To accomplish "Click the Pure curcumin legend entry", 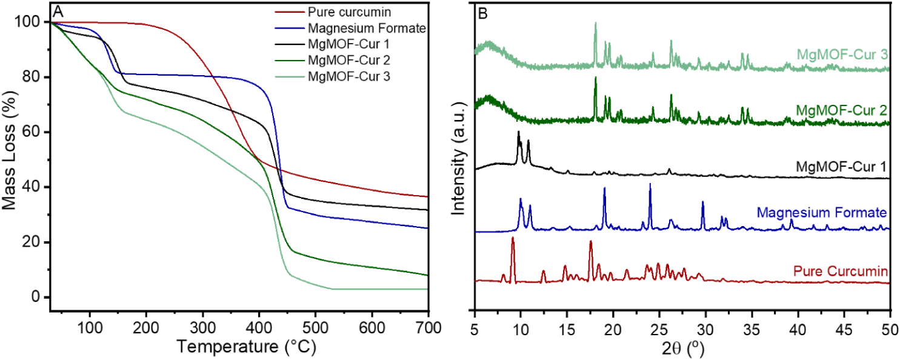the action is (333, 12).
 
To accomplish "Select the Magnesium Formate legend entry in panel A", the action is (350, 28).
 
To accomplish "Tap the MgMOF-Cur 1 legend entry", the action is (332, 44).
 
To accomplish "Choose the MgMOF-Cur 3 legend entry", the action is (332, 76).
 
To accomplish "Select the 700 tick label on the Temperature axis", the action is (428, 328).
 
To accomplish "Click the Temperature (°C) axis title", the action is (246, 346).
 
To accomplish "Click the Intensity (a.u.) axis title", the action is (458, 158).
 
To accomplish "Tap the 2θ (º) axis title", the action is (682, 348).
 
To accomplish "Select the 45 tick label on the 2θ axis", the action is (844, 330).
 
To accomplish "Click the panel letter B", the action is (483, 14).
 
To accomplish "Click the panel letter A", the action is (58, 12).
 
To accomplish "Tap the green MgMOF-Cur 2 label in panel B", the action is (842, 110).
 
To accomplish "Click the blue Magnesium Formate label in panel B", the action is (822, 212).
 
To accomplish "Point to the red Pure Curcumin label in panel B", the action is (841, 271).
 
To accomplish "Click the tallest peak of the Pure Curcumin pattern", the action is (513, 238).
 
